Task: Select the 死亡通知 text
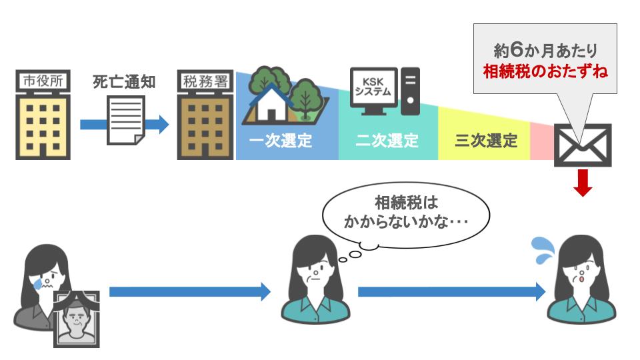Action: [x=124, y=82]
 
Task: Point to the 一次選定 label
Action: [x=281, y=141]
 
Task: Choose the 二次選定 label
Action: [x=387, y=141]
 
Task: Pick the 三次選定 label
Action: [x=486, y=141]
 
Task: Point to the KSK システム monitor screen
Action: [x=374, y=88]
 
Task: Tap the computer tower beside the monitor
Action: [x=411, y=90]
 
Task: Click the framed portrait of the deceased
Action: [x=75, y=319]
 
